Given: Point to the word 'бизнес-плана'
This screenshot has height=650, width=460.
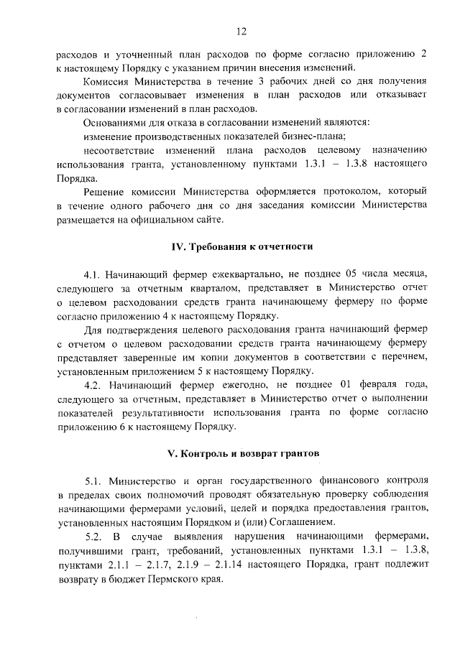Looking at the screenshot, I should (316, 136).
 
